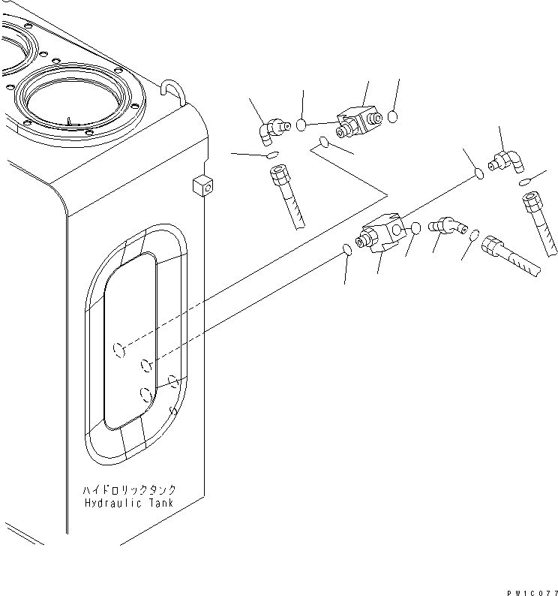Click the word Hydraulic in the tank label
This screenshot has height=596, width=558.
tap(112, 503)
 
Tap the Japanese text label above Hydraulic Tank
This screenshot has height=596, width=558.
tap(129, 489)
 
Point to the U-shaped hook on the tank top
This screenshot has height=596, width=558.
tap(171, 89)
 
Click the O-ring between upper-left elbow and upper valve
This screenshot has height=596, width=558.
tap(301, 125)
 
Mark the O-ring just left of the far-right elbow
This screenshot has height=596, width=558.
tap(478, 174)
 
